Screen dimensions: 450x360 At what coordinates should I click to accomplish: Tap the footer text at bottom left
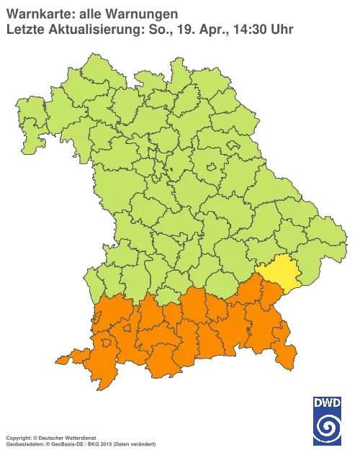click(x=79, y=438)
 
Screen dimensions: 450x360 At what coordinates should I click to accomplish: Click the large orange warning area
click(x=194, y=331)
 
